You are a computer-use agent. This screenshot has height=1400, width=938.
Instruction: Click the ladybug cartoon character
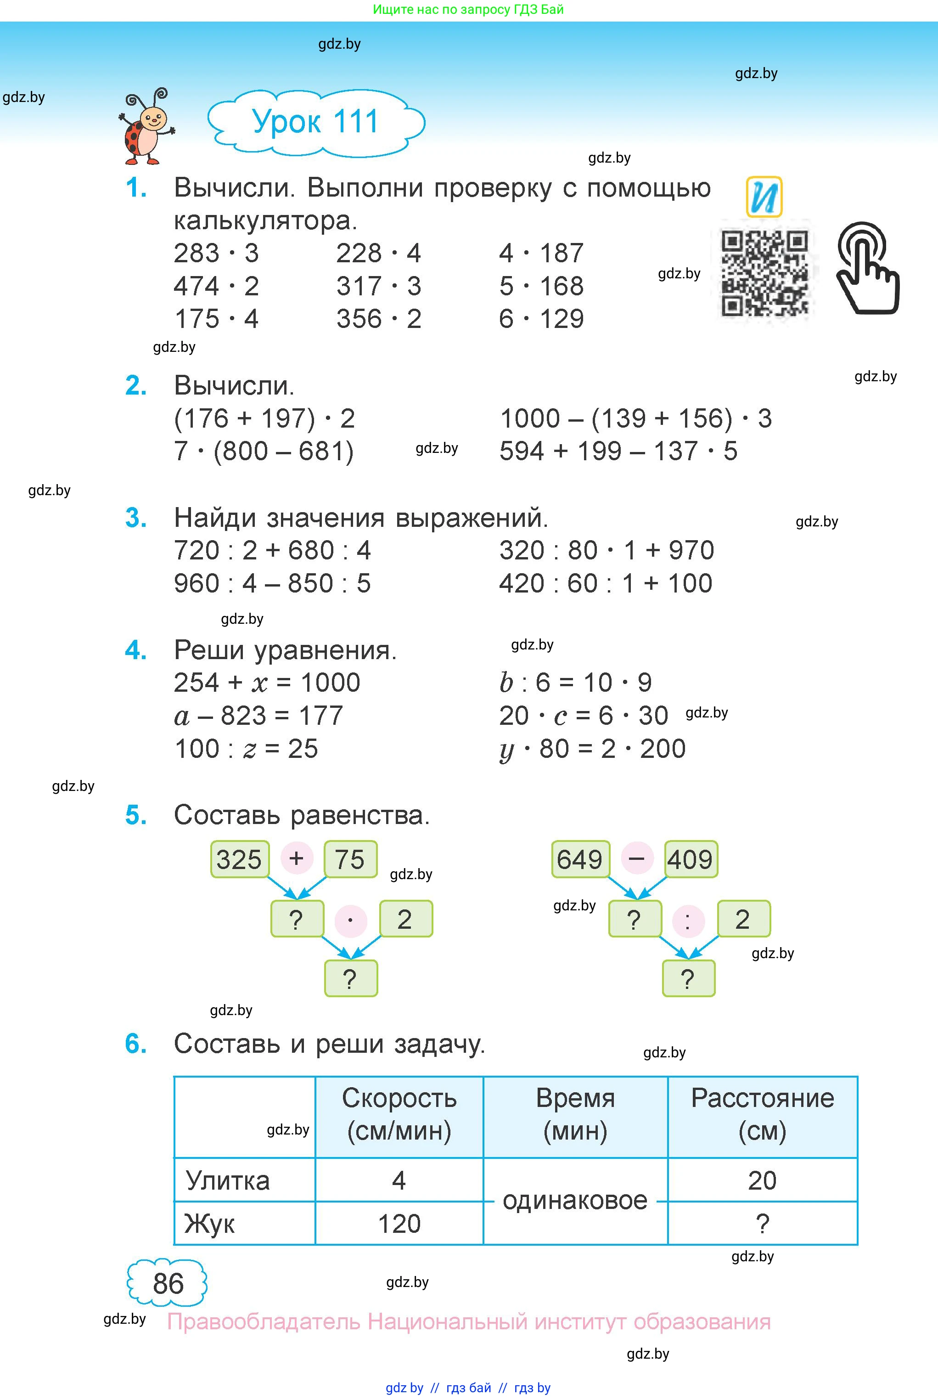pos(146,127)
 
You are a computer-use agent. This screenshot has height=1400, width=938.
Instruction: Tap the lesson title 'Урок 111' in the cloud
pos(315,122)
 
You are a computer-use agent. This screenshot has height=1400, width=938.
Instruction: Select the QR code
pos(764,273)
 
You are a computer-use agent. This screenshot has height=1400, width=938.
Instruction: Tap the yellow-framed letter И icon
pos(764,197)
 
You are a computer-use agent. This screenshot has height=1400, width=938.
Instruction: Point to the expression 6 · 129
pos(541,319)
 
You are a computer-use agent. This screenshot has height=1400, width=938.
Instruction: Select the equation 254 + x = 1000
pos(267,683)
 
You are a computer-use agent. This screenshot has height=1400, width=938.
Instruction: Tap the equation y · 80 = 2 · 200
pos(592,749)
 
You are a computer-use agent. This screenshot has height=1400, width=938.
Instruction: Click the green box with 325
pos(239,859)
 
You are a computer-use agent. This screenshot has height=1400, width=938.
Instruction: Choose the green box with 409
pos(691,859)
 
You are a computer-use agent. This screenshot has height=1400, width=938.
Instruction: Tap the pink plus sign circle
pos(296,858)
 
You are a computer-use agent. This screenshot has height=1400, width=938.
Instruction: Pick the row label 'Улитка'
pos(227,1180)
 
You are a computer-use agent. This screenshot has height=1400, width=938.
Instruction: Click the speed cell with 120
pos(399,1224)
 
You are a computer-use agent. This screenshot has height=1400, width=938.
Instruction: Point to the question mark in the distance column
pos(762,1224)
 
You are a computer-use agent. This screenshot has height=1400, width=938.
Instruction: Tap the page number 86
pos(168,1283)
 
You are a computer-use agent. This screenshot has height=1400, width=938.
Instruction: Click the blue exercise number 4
pos(136,650)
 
